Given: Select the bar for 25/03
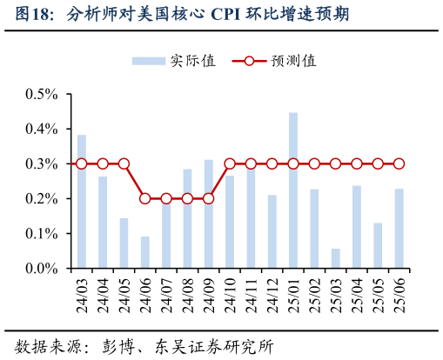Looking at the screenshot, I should pos(336,258).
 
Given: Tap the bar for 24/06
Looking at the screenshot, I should pos(145,252).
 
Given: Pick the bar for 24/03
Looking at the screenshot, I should pos(82,201).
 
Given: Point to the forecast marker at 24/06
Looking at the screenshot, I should pos(145,198).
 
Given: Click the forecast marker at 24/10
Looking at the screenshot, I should pos(230,163).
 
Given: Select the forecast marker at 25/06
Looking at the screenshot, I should pos(399,163).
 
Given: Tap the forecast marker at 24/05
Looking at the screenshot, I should pos(124,163).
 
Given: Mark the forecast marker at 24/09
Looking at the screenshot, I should pos(209,198).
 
